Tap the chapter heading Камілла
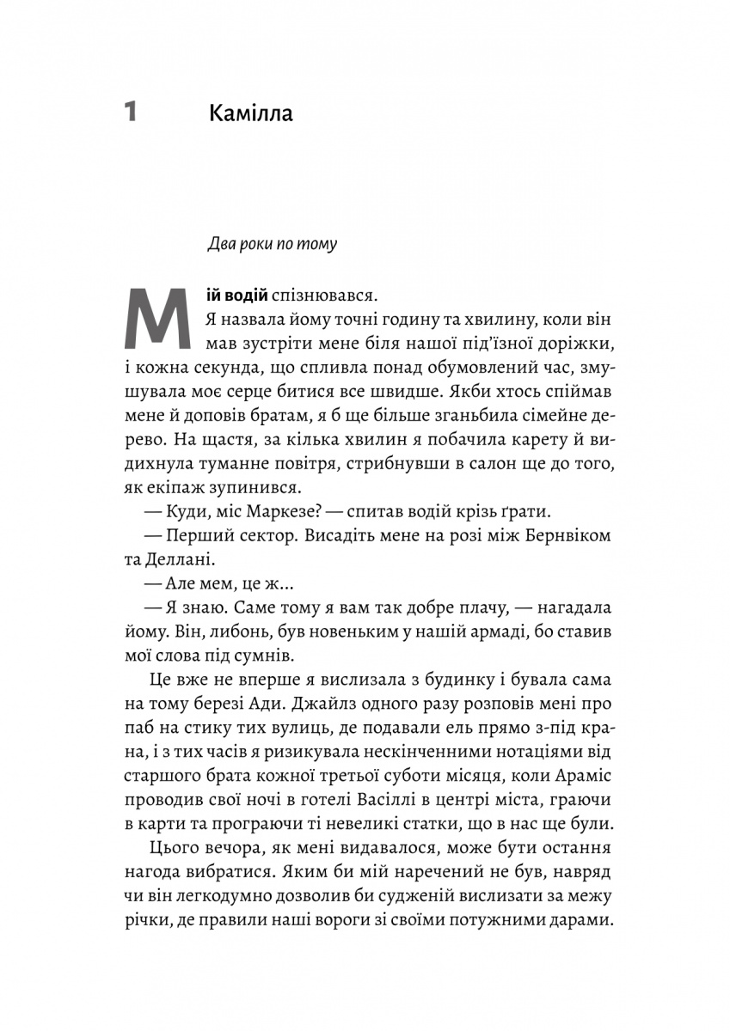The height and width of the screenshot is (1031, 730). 250,113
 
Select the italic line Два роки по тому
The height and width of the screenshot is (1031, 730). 273,244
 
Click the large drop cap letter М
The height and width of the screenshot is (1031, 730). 156,320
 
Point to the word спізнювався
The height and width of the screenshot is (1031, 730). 324,296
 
